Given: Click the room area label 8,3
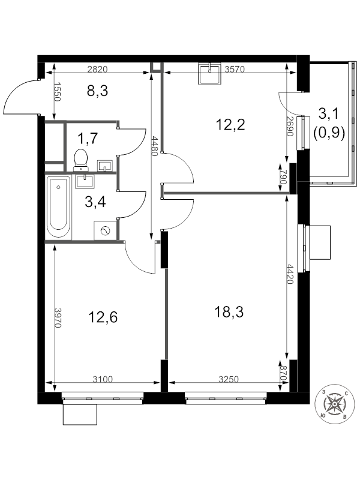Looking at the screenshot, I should pyautogui.click(x=98, y=92).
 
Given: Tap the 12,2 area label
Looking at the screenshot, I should pyautogui.click(x=230, y=125).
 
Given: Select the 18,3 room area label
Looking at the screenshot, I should pyautogui.click(x=230, y=311).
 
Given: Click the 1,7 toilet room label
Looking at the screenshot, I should pyautogui.click(x=88, y=139).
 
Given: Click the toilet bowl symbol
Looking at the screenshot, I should pyautogui.click(x=80, y=160).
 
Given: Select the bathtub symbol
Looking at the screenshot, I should pyautogui.click(x=58, y=208).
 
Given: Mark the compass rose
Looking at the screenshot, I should pyautogui.click(x=334, y=404).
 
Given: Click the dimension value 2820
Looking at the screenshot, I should pyautogui.click(x=97, y=69).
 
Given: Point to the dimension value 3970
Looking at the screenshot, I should pyautogui.click(x=58, y=317).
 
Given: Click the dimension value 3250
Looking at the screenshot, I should pyautogui.click(x=229, y=379).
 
